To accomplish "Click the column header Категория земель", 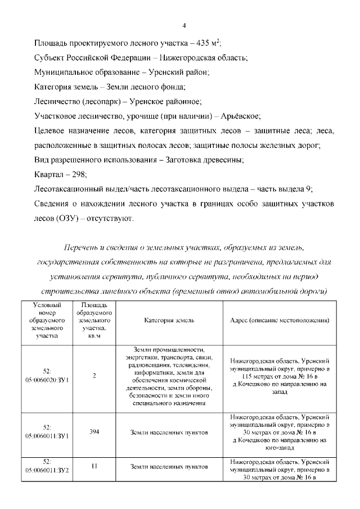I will pos(169,320).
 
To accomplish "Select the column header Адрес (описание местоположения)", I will pos(280,320).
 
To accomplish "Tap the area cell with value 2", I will pos(94,376).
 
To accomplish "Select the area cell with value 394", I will pos(94,433).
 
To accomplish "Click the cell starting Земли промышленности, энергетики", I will pos(169,376).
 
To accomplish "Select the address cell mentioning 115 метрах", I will pos(280,376).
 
